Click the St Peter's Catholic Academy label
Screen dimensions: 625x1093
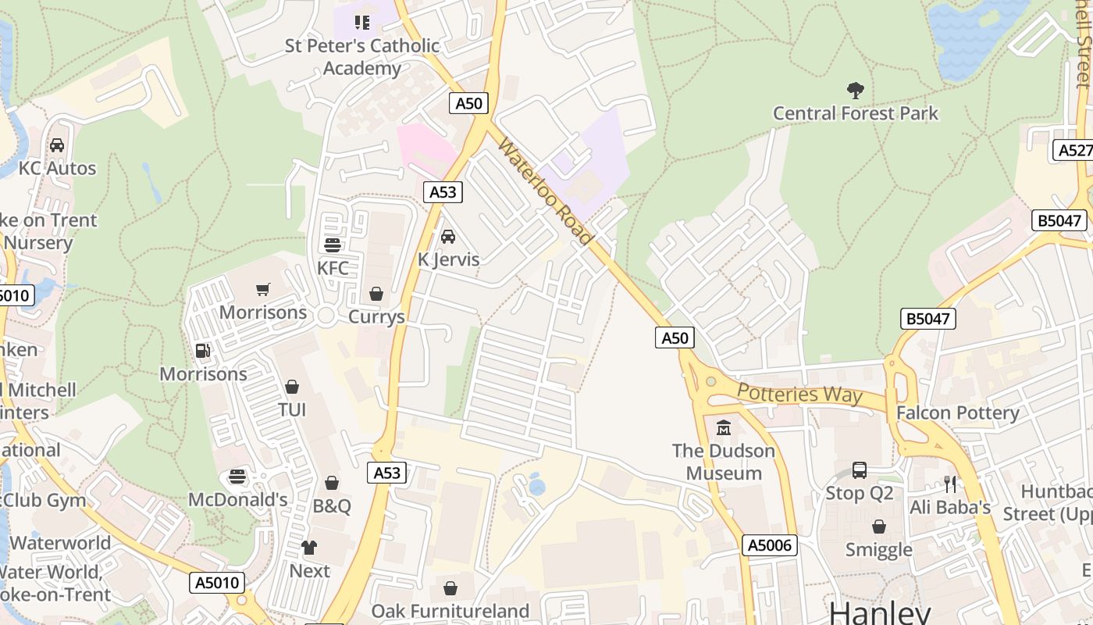[x=362, y=57]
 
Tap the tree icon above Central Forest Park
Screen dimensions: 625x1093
[x=856, y=91]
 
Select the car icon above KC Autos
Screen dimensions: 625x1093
[x=57, y=145]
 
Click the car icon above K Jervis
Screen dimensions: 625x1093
[x=448, y=236]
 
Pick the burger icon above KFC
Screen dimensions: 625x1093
[x=333, y=245]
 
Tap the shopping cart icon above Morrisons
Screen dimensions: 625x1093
[x=263, y=290]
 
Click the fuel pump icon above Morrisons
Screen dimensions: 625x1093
[x=203, y=351]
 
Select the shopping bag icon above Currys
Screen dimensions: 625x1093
[x=376, y=294]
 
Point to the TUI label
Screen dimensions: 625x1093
[x=292, y=410]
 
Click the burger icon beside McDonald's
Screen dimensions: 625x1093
[x=237, y=477]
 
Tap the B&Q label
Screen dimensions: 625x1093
[x=332, y=505]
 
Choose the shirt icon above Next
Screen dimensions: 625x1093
[x=309, y=548]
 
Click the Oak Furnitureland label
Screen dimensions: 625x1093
[x=450, y=610]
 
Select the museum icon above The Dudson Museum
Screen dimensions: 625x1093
[x=723, y=428]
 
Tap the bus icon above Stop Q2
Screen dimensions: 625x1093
[x=860, y=470]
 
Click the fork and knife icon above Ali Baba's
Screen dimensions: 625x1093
[x=949, y=484]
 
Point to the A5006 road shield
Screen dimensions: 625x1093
[x=770, y=545]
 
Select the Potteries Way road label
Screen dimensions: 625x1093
[x=799, y=393]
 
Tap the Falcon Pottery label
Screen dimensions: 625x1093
[x=957, y=412]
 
